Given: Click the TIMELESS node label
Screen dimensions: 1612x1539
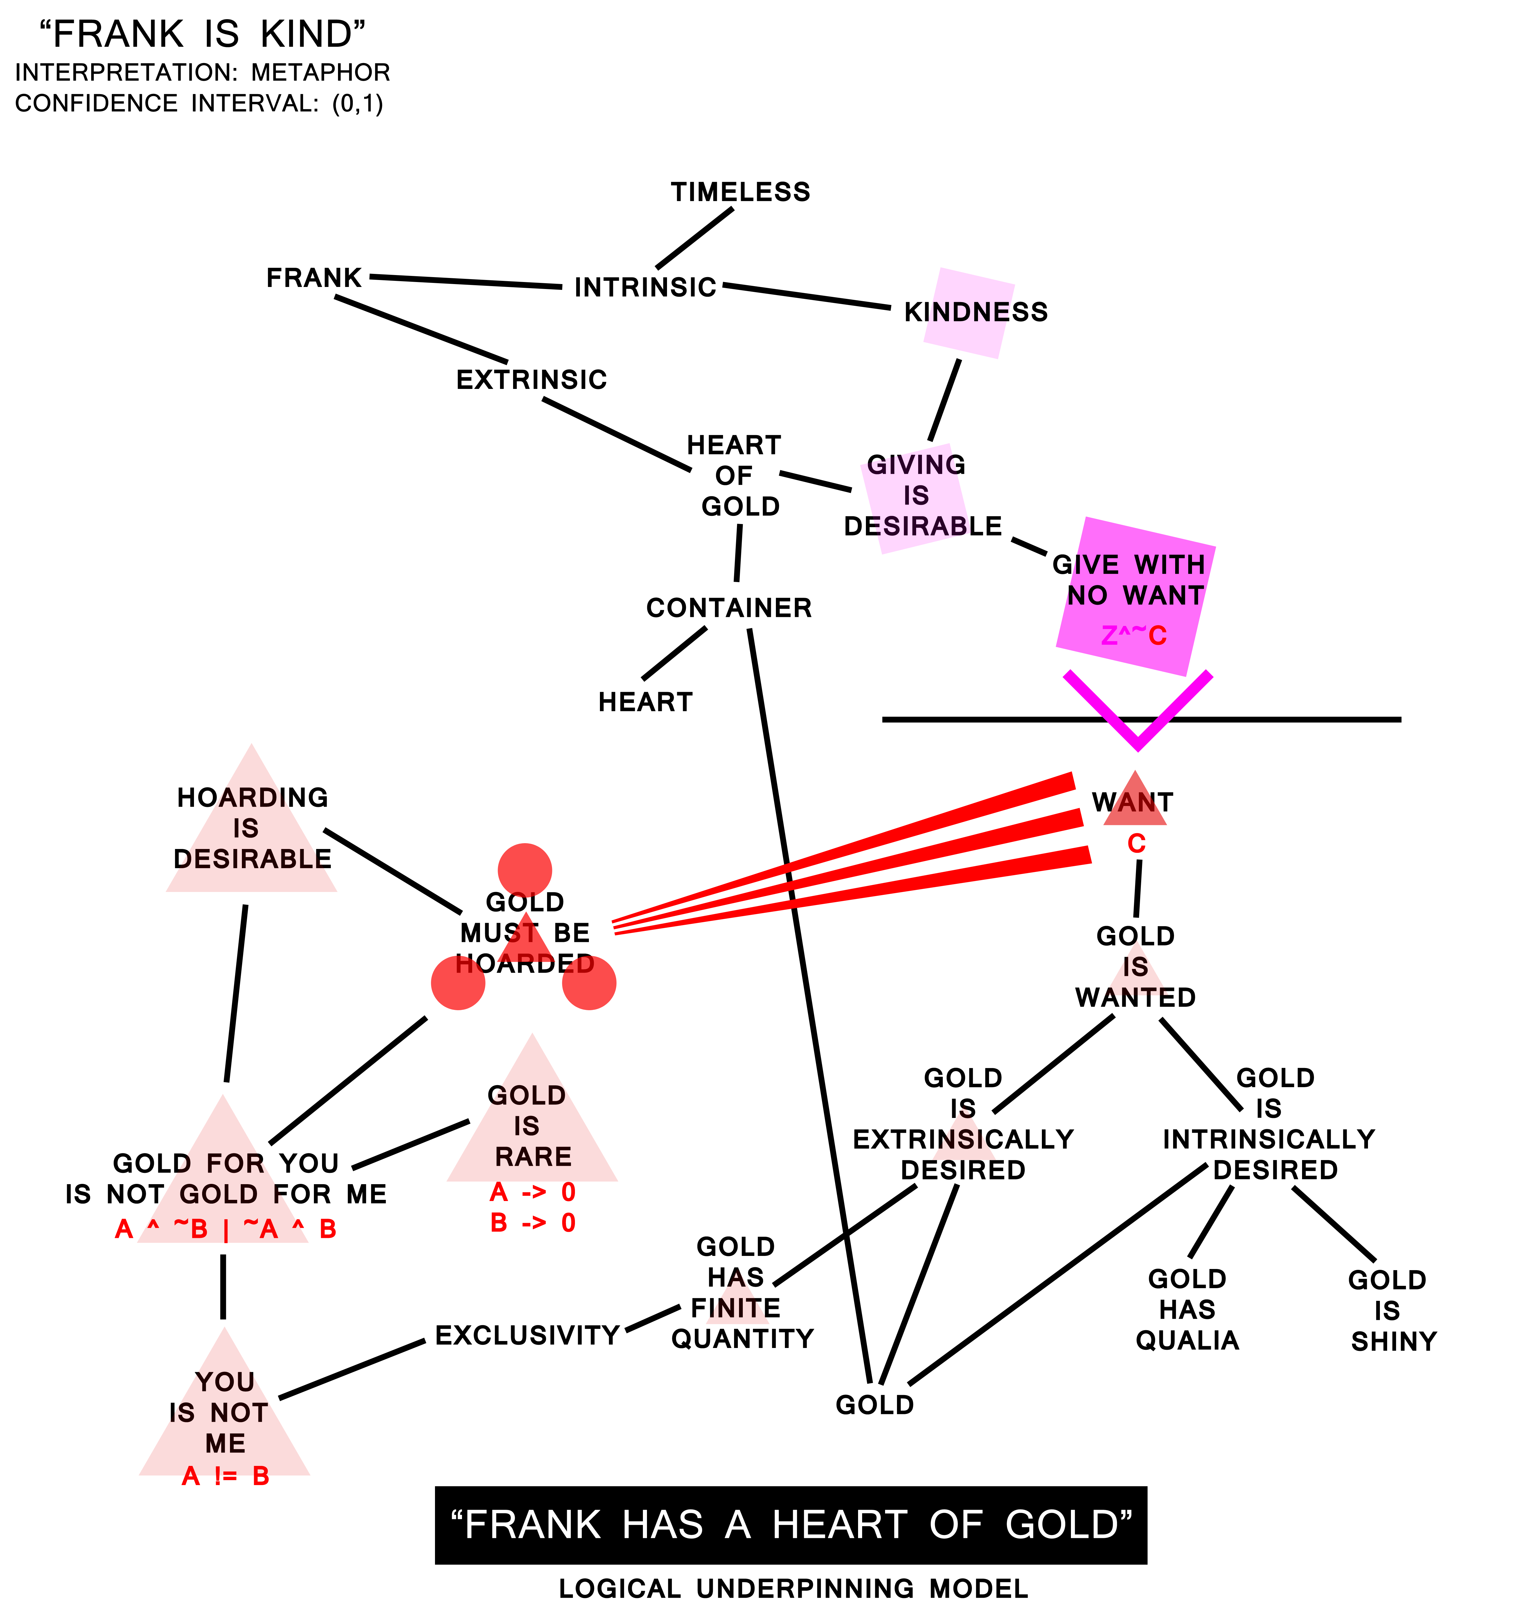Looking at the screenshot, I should [740, 192].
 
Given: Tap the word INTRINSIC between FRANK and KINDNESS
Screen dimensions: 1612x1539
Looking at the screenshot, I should [645, 288].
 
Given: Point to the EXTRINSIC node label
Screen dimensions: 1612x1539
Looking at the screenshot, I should [532, 380].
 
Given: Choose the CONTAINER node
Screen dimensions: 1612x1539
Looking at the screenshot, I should [729, 608].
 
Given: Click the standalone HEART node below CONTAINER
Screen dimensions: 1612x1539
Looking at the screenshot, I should [645, 702].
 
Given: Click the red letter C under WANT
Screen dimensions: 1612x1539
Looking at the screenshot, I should [1135, 843].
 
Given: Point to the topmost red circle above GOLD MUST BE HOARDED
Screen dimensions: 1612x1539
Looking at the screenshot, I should [525, 870].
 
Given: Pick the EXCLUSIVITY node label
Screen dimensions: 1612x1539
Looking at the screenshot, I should [527, 1335].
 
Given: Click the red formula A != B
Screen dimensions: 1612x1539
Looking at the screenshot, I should [226, 1477].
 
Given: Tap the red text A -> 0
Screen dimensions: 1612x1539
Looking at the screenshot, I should [533, 1192].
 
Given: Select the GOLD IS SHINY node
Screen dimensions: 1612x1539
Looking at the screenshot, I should [1391, 1311].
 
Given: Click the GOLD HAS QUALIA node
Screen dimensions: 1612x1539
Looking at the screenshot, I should [1187, 1310].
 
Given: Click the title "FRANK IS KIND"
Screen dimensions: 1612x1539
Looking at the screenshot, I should [203, 35].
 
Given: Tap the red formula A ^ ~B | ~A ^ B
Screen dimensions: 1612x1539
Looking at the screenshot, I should [226, 1229].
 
